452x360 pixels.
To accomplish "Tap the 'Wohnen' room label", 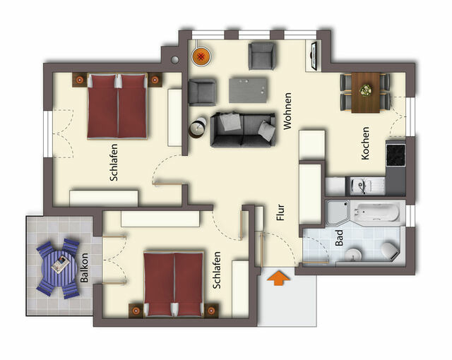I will pos(287,112).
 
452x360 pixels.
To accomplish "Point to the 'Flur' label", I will pos(280,213).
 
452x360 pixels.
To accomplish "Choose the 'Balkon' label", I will pos(84,268).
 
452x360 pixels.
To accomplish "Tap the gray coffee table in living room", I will pos(249,90).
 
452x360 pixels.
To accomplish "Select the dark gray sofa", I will pos(242,129).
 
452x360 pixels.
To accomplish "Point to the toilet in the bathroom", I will pos(388,249).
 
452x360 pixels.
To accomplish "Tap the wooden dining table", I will pos(366,91).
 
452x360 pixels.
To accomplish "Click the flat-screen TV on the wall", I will pos(313,56).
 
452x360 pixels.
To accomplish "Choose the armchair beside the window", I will pos(261,56).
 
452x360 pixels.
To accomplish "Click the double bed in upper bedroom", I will pos(118,105).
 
